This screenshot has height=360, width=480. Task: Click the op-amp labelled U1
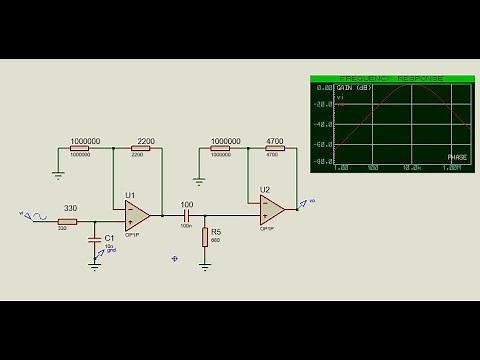(137, 213)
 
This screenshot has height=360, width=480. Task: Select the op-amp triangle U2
(271, 208)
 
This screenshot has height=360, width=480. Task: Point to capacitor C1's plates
(96, 240)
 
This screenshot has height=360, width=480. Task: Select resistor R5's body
(205, 236)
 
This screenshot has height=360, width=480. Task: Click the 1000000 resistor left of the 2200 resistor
(85, 149)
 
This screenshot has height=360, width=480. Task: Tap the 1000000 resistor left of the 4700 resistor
(226, 149)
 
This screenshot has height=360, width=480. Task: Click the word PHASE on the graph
(456, 157)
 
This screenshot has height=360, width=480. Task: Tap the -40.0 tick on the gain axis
(322, 125)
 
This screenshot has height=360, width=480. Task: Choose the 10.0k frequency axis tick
(410, 168)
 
